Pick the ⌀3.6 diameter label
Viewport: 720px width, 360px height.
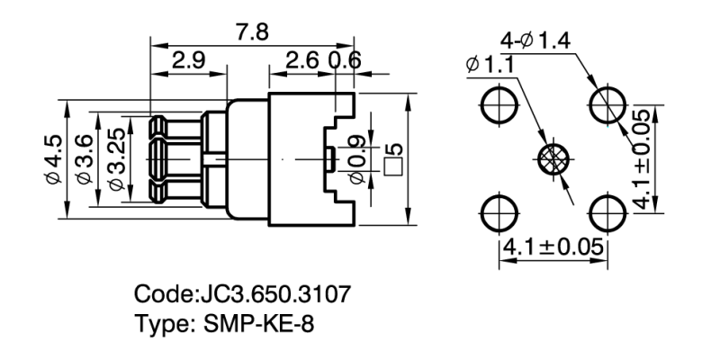(x=82, y=159)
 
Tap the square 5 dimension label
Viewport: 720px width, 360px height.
(x=392, y=159)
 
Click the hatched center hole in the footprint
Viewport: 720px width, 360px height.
(x=552, y=160)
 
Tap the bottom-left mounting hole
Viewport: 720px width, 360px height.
(x=498, y=213)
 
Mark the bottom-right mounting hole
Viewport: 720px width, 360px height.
(x=607, y=213)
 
